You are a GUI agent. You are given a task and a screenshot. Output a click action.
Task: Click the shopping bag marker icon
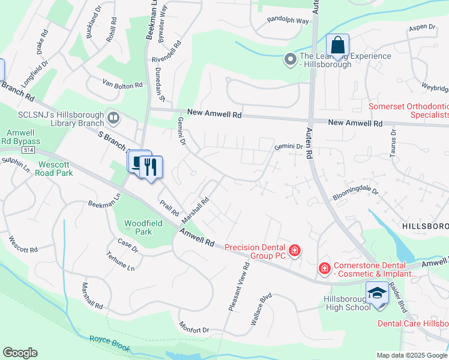tap(337, 46)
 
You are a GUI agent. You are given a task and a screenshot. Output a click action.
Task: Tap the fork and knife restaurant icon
tap(150, 166)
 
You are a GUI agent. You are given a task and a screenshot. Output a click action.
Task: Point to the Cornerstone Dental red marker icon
tap(324, 267)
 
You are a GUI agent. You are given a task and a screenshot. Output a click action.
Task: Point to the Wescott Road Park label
tap(55, 169)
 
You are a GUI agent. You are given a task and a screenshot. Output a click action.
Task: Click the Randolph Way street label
tap(288, 20)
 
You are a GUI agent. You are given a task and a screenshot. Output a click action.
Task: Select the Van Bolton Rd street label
tap(122, 85)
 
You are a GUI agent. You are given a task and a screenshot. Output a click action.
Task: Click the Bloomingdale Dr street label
tap(356, 195)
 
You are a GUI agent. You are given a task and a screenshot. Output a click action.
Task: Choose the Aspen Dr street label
tap(421, 27)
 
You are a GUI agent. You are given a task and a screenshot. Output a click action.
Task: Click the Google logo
tap(20, 353)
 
